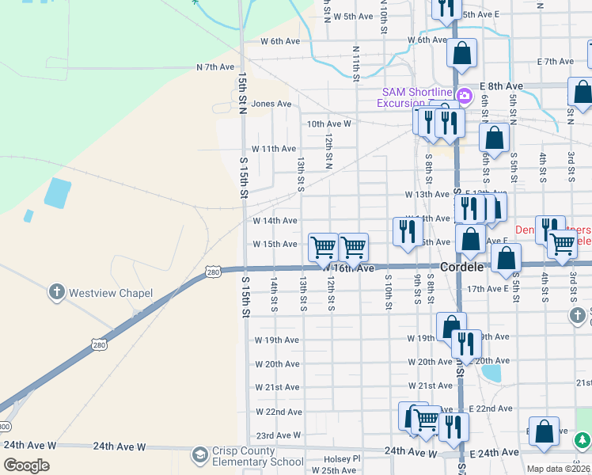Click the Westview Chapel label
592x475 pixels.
coord(111,293)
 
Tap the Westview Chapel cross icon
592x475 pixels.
coord(57,293)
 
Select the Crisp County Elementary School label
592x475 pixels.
coord(258,457)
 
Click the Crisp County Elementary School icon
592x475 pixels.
coord(199,456)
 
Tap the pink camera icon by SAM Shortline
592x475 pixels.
coord(465,97)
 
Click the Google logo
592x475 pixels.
coord(27,465)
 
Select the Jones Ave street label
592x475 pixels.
coord(271,104)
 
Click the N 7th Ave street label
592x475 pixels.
coord(216,68)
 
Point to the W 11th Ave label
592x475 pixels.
coord(274,149)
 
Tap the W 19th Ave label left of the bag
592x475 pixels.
coord(277,340)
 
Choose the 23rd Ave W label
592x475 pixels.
coord(279,435)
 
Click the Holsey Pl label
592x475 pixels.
coord(342,458)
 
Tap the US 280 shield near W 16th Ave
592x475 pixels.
coord(213,272)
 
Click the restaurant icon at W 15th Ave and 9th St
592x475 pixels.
coord(406,231)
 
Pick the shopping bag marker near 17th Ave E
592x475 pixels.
coord(506,257)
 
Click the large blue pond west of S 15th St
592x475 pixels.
coord(58,192)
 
